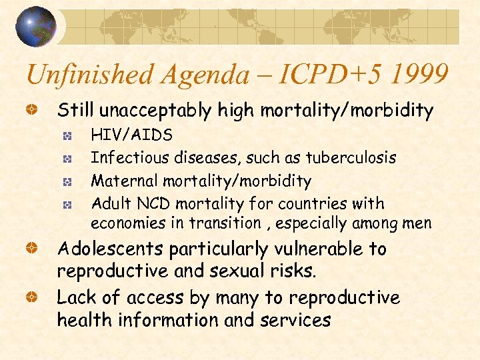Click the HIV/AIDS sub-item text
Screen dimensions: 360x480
tap(131, 135)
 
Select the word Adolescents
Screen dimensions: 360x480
tap(110, 249)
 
